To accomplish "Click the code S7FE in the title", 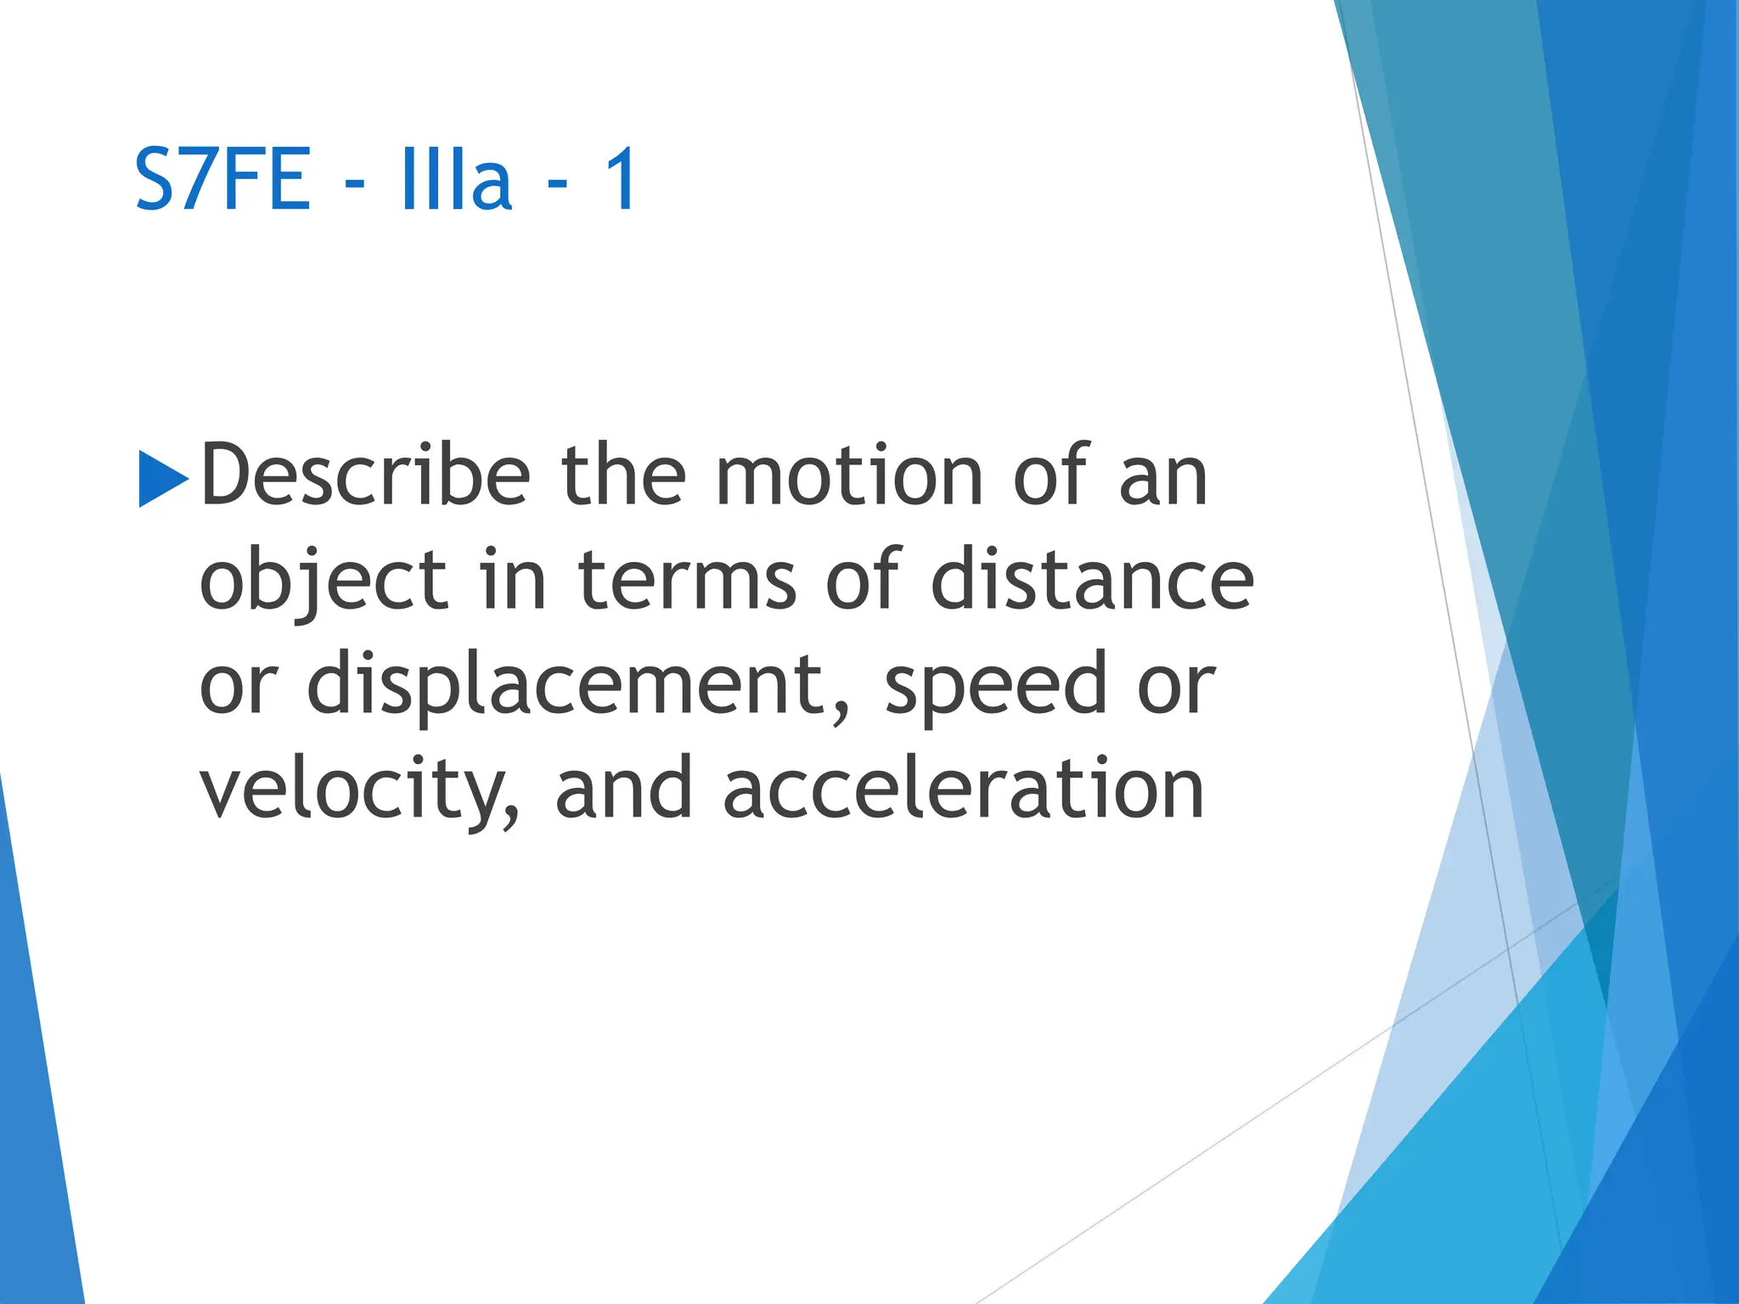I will (x=222, y=179).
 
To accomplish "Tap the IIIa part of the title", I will (x=456, y=179).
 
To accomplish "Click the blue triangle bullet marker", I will (x=162, y=479).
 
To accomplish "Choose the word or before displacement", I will (x=239, y=686).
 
